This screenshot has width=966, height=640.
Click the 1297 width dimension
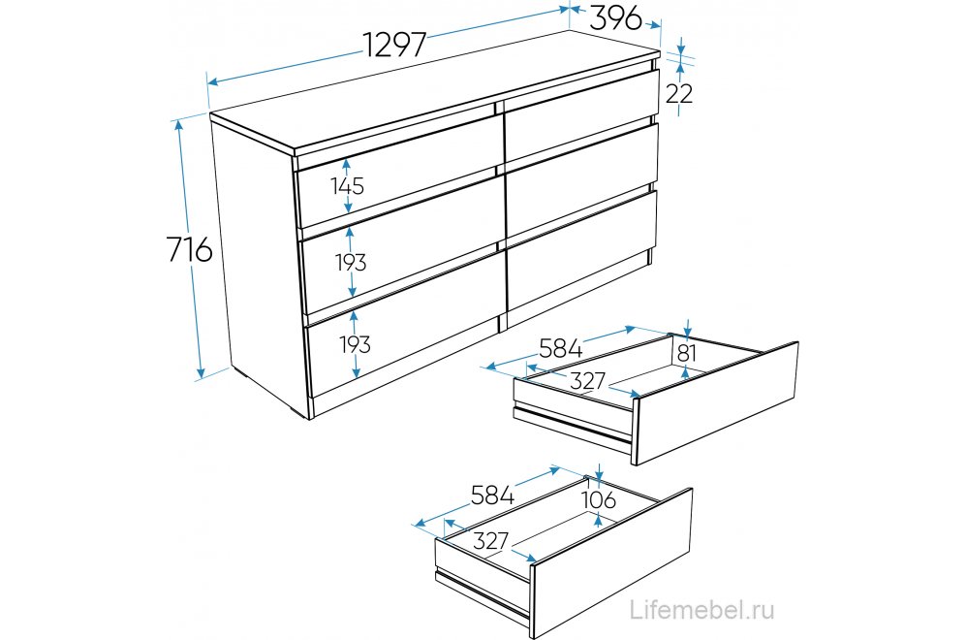coord(394,45)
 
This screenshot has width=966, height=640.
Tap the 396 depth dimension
coord(616,16)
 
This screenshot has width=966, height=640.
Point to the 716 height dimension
coord(189,249)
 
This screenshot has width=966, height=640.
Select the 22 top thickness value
coord(679,93)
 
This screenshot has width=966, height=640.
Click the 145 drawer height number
coord(346,185)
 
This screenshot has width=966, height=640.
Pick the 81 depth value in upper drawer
coord(686,352)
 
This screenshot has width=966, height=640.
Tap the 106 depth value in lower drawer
coord(600,500)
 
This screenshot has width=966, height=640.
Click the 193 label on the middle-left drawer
coord(352,262)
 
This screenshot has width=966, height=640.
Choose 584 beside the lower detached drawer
coord(491,496)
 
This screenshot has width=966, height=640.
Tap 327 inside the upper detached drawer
coord(587,381)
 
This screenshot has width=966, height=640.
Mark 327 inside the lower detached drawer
coord(491,541)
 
